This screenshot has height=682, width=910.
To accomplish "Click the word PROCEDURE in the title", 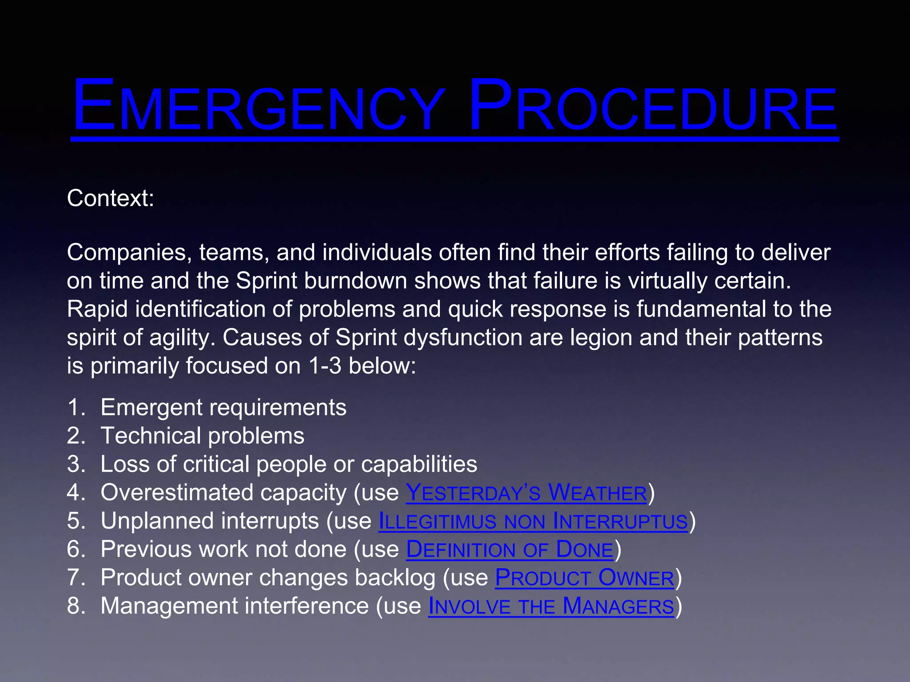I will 653,107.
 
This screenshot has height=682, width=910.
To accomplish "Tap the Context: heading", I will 111,198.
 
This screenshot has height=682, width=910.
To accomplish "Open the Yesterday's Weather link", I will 526,492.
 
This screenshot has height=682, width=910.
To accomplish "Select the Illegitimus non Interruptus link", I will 533,521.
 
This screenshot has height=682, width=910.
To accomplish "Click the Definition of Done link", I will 510,549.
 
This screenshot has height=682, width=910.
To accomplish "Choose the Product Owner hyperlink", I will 584,578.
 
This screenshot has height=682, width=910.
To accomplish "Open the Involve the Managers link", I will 551,606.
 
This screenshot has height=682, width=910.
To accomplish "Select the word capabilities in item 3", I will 419,464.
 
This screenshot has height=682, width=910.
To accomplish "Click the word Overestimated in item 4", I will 178,492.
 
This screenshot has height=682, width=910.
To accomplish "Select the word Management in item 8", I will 169,606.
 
